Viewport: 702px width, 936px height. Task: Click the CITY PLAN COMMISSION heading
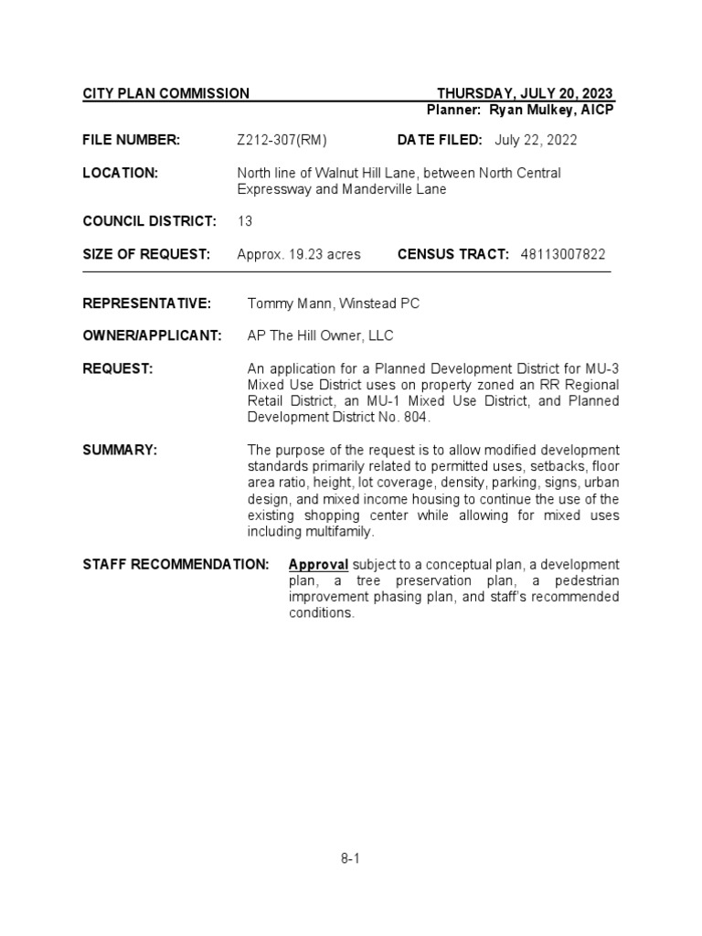[x=165, y=93]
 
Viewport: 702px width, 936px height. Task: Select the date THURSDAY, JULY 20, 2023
[x=525, y=93]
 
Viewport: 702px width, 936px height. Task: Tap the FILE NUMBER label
[x=131, y=140]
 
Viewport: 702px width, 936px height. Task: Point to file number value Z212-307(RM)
[x=282, y=140]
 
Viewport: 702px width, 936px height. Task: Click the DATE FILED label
[x=439, y=140]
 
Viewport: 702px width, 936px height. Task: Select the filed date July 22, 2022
[x=536, y=140]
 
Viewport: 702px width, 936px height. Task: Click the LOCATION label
[x=121, y=173]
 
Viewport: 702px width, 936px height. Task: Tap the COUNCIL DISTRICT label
[x=149, y=221]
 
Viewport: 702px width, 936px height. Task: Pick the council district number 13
[x=245, y=221]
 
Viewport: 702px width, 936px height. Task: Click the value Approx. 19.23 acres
[x=298, y=254]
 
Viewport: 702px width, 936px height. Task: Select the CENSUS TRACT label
[x=452, y=254]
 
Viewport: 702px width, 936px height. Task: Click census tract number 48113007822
[x=562, y=254]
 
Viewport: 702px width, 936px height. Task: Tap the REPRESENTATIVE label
[x=146, y=303]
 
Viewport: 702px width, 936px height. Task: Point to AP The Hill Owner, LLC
[x=320, y=335]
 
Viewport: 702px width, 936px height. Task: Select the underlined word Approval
[x=318, y=564]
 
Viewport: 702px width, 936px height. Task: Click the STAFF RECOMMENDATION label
[x=175, y=564]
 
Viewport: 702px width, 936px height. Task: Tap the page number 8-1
[x=350, y=858]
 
